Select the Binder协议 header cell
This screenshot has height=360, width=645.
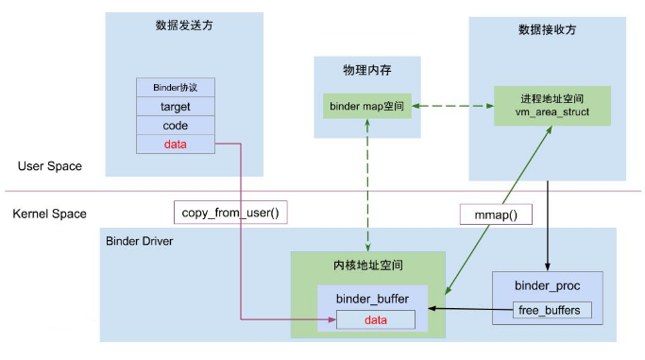(176, 87)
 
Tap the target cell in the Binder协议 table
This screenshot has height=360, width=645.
(176, 107)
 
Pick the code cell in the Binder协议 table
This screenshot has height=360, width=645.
(176, 126)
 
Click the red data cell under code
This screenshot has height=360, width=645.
(176, 145)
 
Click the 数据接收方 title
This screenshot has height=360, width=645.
(547, 29)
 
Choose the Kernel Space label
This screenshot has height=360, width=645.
(50, 214)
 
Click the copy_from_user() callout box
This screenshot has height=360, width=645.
(229, 213)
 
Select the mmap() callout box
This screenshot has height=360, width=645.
(496, 214)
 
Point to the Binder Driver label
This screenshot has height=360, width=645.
(140, 241)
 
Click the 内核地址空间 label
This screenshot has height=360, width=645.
(367, 265)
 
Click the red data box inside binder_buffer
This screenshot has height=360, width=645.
(375, 319)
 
